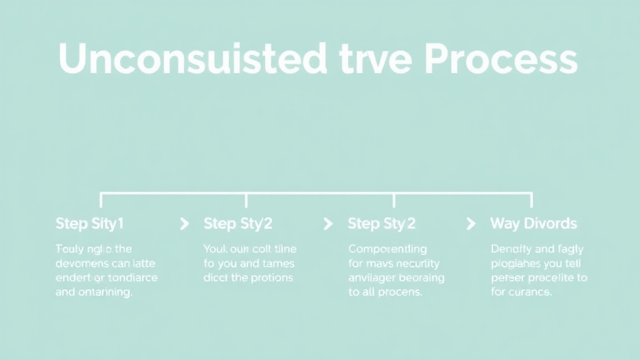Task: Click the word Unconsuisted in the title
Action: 192,59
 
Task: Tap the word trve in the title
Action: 375,59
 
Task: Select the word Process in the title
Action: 500,59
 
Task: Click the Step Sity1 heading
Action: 90,223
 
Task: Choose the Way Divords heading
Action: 534,223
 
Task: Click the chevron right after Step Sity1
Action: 184,223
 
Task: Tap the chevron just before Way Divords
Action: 472,223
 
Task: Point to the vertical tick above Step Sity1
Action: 101,199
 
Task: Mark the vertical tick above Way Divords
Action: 531,199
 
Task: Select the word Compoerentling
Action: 387,249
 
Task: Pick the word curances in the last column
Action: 530,292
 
